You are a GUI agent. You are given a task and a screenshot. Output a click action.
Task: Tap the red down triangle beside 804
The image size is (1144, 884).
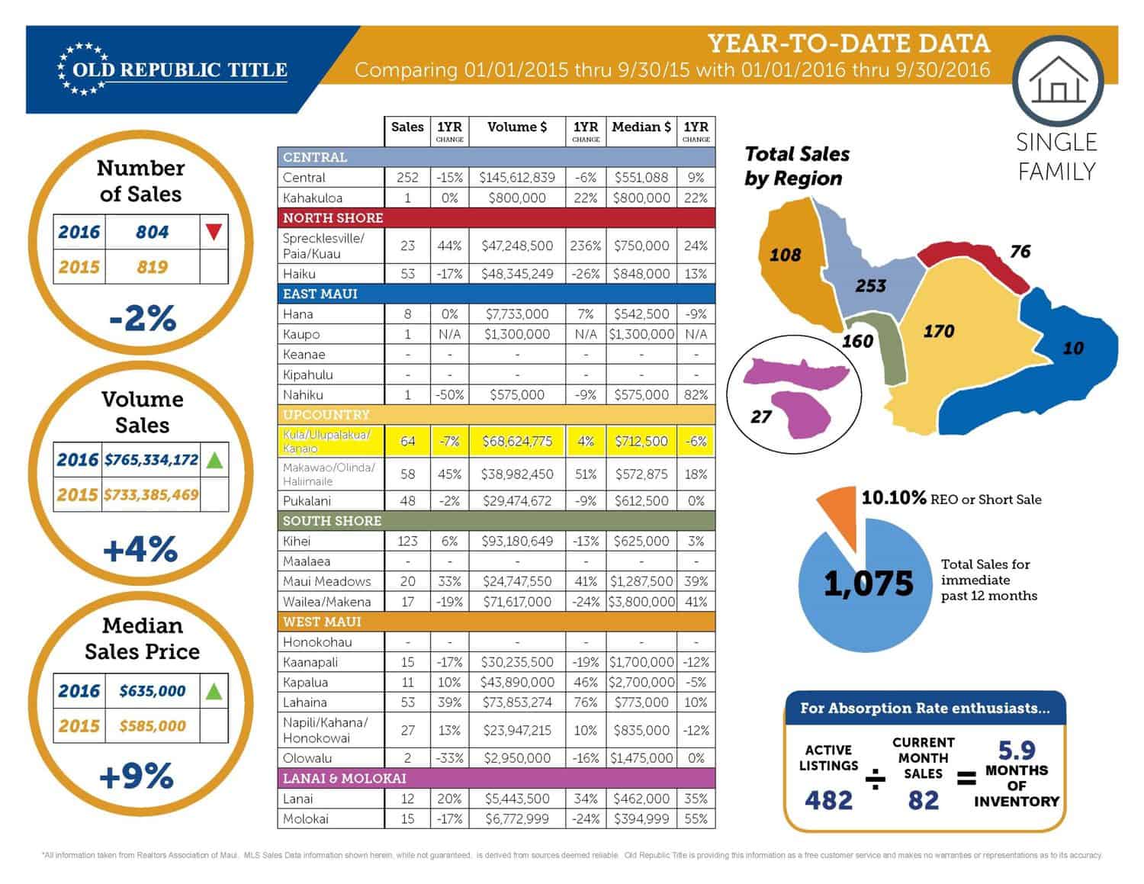(x=214, y=232)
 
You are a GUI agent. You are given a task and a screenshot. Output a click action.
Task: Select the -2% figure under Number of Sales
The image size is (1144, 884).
(x=143, y=317)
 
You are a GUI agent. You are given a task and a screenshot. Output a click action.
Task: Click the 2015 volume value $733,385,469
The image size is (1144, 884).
(x=152, y=494)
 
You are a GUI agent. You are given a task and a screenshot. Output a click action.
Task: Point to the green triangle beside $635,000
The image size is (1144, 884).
(x=214, y=691)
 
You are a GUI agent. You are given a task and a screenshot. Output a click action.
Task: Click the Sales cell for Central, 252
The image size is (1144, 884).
(x=407, y=177)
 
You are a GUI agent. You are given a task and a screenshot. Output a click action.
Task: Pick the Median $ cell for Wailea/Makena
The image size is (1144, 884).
(x=641, y=601)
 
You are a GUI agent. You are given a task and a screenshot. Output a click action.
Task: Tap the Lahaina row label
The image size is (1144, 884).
(x=305, y=702)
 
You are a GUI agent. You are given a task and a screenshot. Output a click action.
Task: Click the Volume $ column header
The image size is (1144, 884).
(x=517, y=127)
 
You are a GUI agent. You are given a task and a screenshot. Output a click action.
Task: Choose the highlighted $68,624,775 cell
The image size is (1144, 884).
(x=517, y=441)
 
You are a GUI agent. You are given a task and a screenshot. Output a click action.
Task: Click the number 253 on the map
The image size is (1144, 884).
(x=870, y=286)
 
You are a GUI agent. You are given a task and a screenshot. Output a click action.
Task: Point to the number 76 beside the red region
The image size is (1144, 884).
(x=1020, y=252)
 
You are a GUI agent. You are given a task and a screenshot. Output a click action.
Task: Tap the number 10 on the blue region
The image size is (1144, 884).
(x=1072, y=348)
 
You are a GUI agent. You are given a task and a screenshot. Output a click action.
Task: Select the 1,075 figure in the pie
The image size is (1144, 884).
(x=868, y=583)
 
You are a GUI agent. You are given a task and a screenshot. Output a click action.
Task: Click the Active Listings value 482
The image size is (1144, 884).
(x=828, y=799)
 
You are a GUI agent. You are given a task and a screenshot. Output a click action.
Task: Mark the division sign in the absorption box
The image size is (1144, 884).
(x=875, y=779)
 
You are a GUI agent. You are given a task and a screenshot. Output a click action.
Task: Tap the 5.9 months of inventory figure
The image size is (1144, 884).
(x=1017, y=750)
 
